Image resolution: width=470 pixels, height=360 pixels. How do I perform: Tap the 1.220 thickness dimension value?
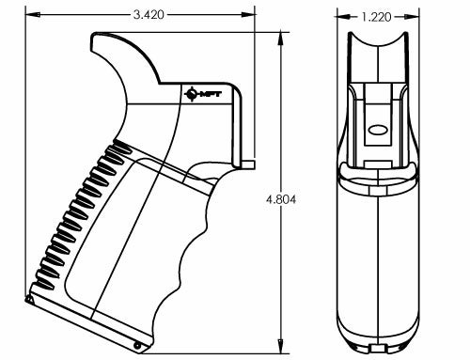376,16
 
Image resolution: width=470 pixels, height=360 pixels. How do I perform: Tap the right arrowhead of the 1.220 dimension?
415,16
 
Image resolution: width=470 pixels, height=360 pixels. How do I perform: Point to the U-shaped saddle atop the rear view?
377,52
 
